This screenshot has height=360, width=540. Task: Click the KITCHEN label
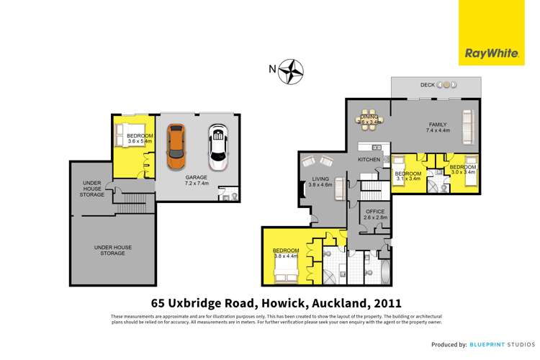(x=369, y=159)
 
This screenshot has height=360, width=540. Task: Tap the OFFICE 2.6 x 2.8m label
(x=375, y=214)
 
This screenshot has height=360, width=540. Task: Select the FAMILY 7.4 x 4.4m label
(x=437, y=127)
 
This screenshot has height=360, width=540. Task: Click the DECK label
(x=427, y=86)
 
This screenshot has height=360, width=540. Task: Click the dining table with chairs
(x=369, y=120)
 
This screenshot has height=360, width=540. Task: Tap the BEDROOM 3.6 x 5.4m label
(x=139, y=139)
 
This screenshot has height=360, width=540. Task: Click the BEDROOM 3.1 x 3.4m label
(x=408, y=176)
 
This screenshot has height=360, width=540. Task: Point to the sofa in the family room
(x=468, y=126)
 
